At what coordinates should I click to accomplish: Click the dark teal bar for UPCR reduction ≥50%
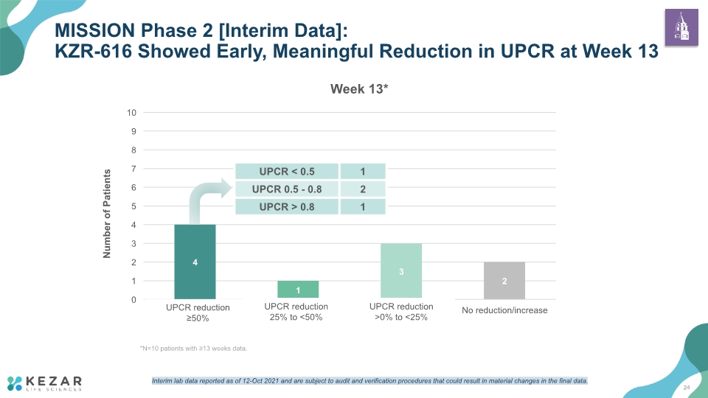pyautogui.click(x=195, y=262)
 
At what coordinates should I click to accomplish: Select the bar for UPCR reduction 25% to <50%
pyautogui.click(x=298, y=290)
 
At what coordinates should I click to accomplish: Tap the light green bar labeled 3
pyautogui.click(x=401, y=271)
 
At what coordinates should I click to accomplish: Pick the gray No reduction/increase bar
pyautogui.click(x=504, y=281)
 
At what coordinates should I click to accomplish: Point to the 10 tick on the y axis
pyautogui.click(x=131, y=113)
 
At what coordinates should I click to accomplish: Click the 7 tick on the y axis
pyautogui.click(x=133, y=169)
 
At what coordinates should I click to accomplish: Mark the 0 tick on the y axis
pyautogui.click(x=133, y=300)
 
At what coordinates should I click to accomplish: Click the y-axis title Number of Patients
pyautogui.click(x=107, y=214)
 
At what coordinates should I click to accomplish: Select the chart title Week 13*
pyautogui.click(x=359, y=89)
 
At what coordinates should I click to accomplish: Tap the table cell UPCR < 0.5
pyautogui.click(x=287, y=172)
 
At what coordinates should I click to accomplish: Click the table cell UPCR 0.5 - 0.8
pyautogui.click(x=287, y=189)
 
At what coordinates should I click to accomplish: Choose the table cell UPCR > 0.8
pyautogui.click(x=287, y=206)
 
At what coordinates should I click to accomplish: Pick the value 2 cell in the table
pyautogui.click(x=363, y=189)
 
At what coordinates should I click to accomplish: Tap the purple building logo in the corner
pyautogui.click(x=681, y=27)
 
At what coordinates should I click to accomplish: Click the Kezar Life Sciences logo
pyautogui.click(x=45, y=383)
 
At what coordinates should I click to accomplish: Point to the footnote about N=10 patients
pyautogui.click(x=194, y=349)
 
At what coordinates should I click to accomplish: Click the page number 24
pyautogui.click(x=687, y=388)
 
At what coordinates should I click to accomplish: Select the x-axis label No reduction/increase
pyautogui.click(x=504, y=310)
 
